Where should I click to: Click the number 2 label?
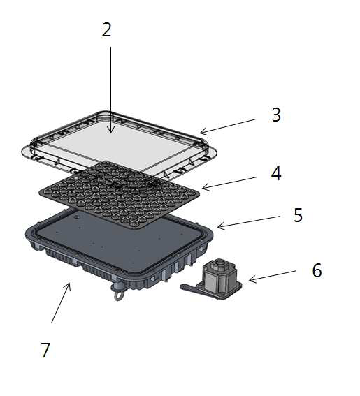pyautogui.click(x=106, y=30)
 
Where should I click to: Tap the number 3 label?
pyautogui.click(x=276, y=115)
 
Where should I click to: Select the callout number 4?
pyautogui.click(x=276, y=173)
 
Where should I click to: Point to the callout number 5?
pyautogui.click(x=298, y=215)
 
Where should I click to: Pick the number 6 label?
pyautogui.click(x=317, y=270)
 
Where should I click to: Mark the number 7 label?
pyautogui.click(x=45, y=350)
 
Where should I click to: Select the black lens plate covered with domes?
pyautogui.click(x=120, y=194)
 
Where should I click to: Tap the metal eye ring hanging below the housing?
pyautogui.click(x=118, y=295)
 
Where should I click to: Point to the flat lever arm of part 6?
pyautogui.click(x=192, y=288)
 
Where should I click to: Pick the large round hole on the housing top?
pyautogui.click(x=76, y=217)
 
